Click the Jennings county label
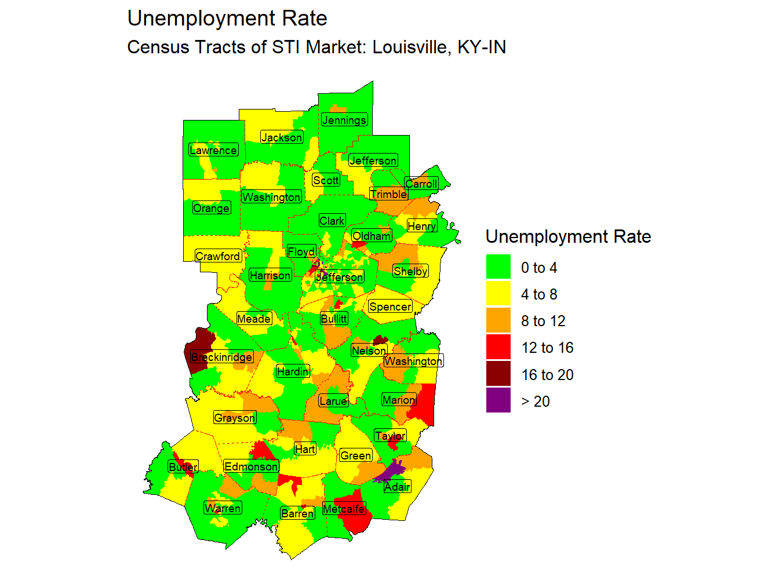(344, 120)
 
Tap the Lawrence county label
(213, 150)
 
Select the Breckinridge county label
(222, 357)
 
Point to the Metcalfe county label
(344, 509)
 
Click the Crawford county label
(218, 256)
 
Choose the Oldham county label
(372, 236)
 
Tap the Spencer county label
(390, 306)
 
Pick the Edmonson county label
(251, 466)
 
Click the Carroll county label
(421, 184)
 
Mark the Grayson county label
(235, 418)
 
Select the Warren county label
(223, 508)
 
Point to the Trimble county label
(388, 194)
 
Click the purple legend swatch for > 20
(498, 400)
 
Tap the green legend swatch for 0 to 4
(498, 267)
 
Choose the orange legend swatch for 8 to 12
(498, 320)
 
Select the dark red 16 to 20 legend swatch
(498, 374)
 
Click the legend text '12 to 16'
(547, 348)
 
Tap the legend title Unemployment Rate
(568, 236)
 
